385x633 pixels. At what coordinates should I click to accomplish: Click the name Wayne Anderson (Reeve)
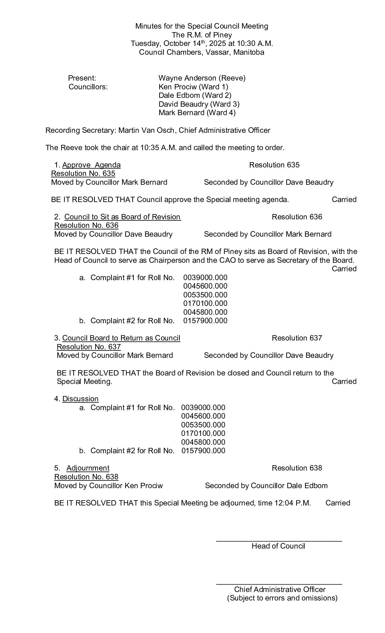[x=202, y=78]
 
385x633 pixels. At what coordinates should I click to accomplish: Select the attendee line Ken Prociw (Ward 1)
[x=193, y=87]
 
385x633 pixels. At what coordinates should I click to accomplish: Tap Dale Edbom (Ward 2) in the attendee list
[x=195, y=95]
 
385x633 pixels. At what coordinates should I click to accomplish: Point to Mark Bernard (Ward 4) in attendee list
[x=197, y=113]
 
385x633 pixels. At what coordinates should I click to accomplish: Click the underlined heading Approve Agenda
[x=91, y=165]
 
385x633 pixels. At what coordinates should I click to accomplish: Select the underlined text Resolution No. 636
[x=86, y=225]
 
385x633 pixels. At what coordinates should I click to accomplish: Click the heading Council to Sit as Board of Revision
[x=122, y=217]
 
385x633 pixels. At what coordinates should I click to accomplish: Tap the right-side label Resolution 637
[x=297, y=338]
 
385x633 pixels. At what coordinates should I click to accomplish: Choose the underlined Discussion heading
[x=80, y=399]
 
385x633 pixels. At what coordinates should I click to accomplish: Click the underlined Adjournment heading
[x=88, y=468]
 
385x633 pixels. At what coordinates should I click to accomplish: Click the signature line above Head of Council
[x=279, y=541]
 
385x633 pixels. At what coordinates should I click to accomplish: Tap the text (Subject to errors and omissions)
[x=282, y=598]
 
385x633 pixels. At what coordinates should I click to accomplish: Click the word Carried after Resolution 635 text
[x=344, y=200]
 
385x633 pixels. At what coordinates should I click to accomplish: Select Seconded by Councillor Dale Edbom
[x=266, y=486]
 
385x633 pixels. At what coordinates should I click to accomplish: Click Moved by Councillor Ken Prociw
[x=108, y=486]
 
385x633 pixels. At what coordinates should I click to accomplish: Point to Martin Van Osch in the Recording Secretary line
[x=146, y=130]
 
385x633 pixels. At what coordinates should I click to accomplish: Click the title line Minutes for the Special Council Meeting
[x=202, y=26]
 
